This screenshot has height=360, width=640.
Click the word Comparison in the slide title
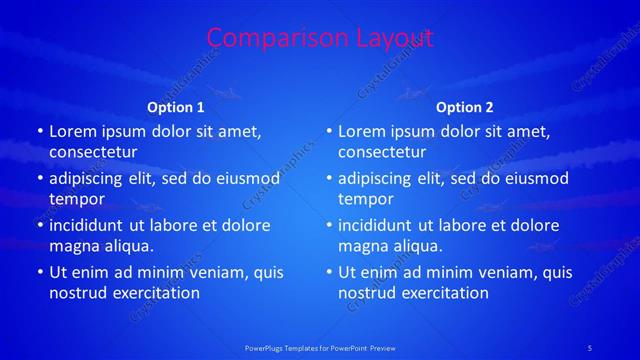(268, 38)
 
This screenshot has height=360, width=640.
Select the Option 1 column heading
(176, 107)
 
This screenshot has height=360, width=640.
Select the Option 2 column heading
(465, 107)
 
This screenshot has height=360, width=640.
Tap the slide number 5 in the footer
(590, 347)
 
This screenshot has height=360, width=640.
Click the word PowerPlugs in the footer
(265, 347)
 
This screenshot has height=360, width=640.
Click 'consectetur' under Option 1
(93, 152)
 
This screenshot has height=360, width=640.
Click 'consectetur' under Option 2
(382, 152)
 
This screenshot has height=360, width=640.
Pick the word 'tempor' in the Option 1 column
(77, 199)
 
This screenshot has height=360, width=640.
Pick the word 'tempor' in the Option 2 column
(366, 199)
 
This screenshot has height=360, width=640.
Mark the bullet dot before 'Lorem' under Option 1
(39, 131)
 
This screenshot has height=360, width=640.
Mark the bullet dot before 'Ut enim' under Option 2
(328, 272)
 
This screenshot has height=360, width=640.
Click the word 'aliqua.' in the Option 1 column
(125, 246)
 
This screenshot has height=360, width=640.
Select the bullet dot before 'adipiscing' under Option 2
(328, 178)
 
